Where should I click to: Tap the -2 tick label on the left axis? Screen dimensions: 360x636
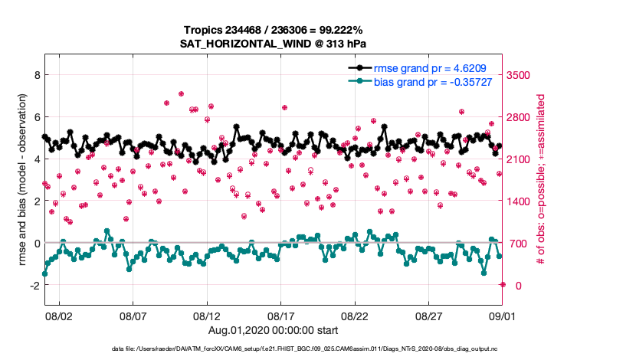[33, 285]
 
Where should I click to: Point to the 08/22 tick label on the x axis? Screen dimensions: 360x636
[355, 316]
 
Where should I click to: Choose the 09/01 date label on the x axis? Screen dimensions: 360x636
[502, 316]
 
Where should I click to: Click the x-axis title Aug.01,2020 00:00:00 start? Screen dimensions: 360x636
[272, 330]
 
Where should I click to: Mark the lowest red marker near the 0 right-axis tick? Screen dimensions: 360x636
[503, 284]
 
